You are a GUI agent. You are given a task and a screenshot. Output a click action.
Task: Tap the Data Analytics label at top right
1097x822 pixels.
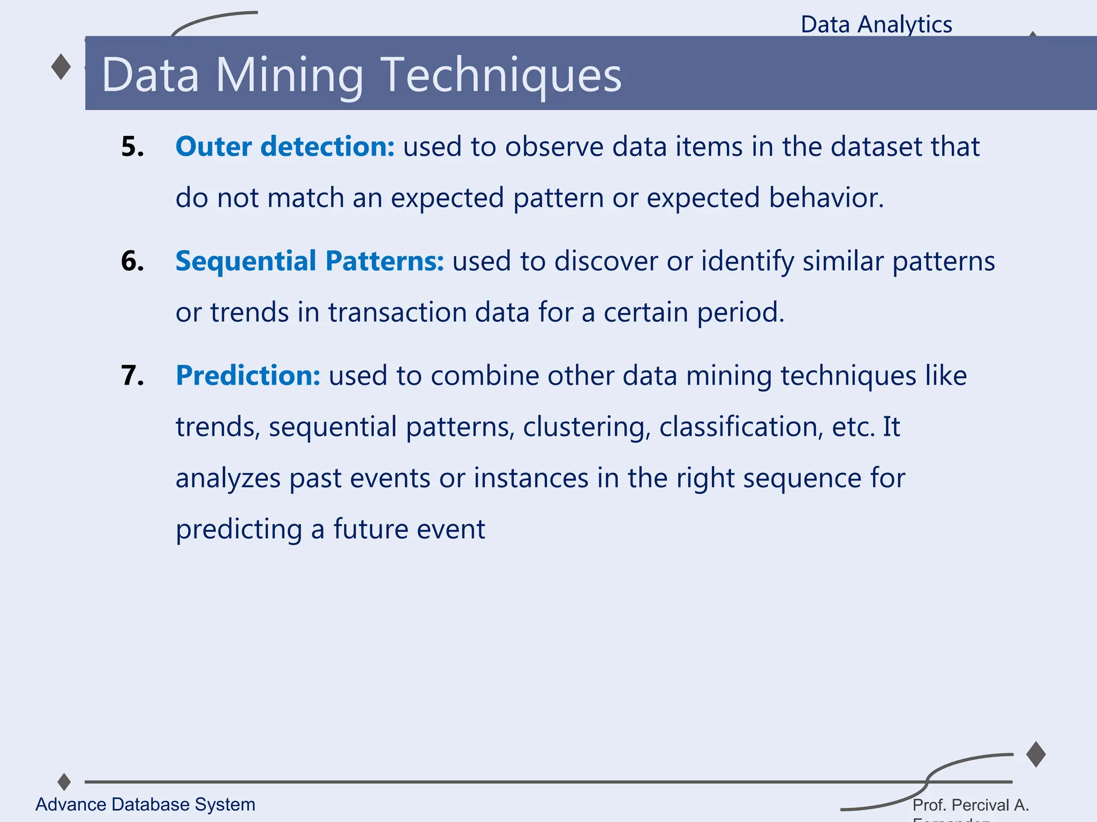click(x=876, y=25)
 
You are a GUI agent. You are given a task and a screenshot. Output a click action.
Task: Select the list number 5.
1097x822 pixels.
click(x=132, y=147)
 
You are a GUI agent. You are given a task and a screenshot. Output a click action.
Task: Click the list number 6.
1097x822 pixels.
click(x=132, y=261)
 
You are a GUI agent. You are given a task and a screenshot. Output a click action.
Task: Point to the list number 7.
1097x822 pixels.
click(x=132, y=376)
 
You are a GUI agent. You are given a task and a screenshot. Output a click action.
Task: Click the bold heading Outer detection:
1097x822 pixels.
click(x=285, y=147)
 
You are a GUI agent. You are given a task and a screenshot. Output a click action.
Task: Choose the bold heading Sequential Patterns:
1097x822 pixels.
click(x=310, y=261)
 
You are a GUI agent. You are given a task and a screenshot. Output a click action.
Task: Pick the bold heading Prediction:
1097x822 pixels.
click(x=248, y=376)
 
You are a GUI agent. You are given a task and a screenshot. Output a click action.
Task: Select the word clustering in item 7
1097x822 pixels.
click(x=587, y=427)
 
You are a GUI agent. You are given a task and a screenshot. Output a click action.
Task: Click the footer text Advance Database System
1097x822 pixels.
click(x=145, y=804)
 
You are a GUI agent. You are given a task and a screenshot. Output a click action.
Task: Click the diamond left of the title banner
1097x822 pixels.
click(x=61, y=67)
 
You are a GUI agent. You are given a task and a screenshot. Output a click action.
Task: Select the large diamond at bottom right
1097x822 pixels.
click(x=1036, y=755)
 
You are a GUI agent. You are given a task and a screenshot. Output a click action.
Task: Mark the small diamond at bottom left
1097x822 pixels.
click(x=64, y=782)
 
